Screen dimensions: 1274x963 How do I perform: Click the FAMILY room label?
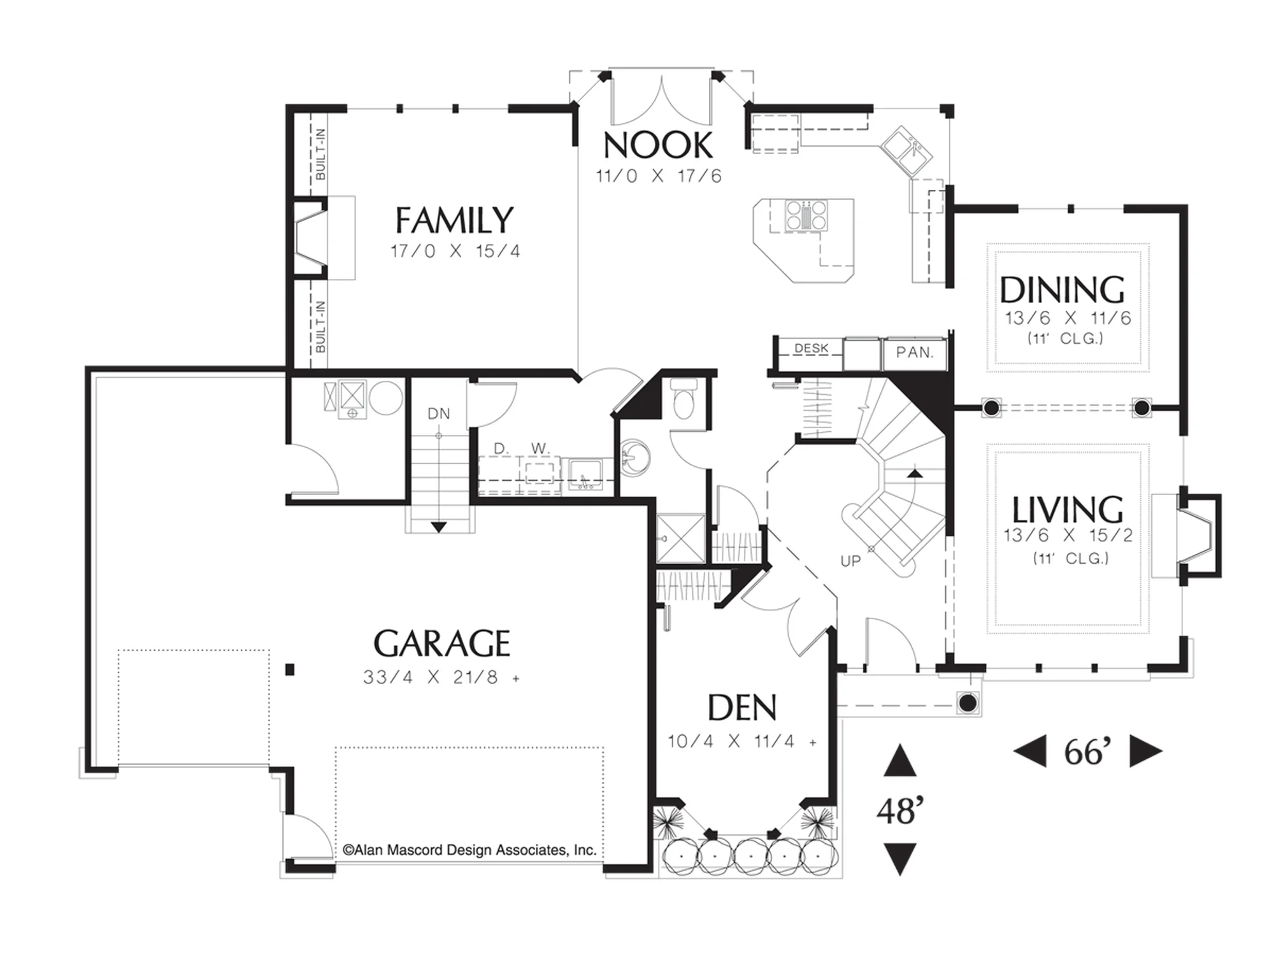click(x=454, y=220)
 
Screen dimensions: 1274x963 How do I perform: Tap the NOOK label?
click(x=658, y=145)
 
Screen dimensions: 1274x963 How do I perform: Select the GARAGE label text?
click(x=441, y=643)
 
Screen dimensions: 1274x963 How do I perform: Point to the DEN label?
click(x=742, y=707)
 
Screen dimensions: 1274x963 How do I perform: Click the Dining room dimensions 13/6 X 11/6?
click(x=1068, y=318)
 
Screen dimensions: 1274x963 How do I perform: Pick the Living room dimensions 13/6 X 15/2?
click(x=1068, y=535)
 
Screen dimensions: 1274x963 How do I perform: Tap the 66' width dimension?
click(x=1088, y=752)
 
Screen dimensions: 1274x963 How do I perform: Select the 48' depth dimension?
click(x=900, y=811)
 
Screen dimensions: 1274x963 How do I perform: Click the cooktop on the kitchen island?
click(x=806, y=215)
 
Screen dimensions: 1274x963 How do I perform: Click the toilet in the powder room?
click(x=684, y=398)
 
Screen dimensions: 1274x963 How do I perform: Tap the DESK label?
click(x=812, y=348)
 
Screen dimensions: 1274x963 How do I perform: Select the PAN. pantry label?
click(x=915, y=352)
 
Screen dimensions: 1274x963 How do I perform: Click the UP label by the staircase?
click(x=850, y=561)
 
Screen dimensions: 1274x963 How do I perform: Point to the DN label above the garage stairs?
click(x=439, y=414)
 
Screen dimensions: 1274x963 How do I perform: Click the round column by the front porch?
click(x=968, y=703)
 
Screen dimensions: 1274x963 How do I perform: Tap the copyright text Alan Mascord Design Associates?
click(x=469, y=850)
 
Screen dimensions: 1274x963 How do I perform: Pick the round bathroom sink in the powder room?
click(x=634, y=457)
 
